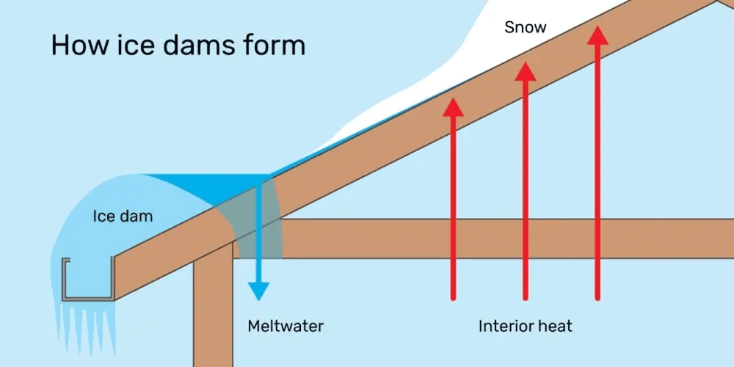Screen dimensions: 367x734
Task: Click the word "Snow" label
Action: tap(526, 28)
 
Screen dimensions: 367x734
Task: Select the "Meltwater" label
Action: tap(286, 325)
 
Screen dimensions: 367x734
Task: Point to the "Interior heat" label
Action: tap(525, 325)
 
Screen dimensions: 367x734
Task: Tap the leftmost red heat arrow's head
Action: tap(454, 106)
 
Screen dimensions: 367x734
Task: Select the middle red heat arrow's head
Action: tap(525, 71)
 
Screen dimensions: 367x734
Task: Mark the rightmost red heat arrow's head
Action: tap(598, 35)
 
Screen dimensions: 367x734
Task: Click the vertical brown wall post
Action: tap(213, 308)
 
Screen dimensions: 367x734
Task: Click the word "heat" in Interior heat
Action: tap(556, 325)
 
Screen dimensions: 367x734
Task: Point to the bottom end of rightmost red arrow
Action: tap(598, 297)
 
